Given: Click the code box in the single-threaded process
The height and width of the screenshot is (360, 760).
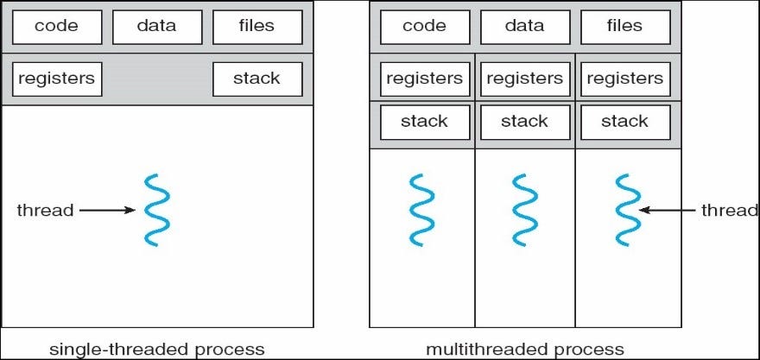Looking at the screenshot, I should tap(57, 27).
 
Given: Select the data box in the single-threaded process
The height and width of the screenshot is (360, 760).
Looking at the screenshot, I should tap(156, 27).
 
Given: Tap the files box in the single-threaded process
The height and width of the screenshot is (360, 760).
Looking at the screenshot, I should tap(256, 27).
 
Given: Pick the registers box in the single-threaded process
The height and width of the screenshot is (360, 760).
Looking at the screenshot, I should tap(57, 79).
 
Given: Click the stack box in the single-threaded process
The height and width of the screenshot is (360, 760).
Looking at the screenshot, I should tap(256, 79).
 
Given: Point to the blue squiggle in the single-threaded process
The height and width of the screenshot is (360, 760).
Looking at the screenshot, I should tap(156, 210).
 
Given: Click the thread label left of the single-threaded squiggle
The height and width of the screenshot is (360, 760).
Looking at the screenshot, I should tap(45, 210).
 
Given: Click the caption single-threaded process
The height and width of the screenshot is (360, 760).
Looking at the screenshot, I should tap(156, 349).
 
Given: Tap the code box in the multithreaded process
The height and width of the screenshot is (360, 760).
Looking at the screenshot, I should tap(425, 27).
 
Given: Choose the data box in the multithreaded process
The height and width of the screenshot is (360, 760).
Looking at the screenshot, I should tap(524, 27).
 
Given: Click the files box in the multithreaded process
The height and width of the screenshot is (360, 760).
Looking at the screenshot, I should tap(624, 27).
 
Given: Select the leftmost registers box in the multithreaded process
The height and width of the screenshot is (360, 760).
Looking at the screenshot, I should tap(424, 79).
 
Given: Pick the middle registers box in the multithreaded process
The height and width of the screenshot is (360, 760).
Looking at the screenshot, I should tap(524, 79).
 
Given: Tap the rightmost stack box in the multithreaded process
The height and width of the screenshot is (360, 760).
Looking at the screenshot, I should tap(624, 122).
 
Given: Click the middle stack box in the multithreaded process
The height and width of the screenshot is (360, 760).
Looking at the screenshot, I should tap(524, 122).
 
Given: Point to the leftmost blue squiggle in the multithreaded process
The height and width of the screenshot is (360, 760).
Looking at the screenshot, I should tap(422, 210).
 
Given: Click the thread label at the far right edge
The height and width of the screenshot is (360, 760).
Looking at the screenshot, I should tap(729, 210).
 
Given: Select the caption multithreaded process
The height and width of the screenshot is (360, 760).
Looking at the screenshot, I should tap(524, 349).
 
